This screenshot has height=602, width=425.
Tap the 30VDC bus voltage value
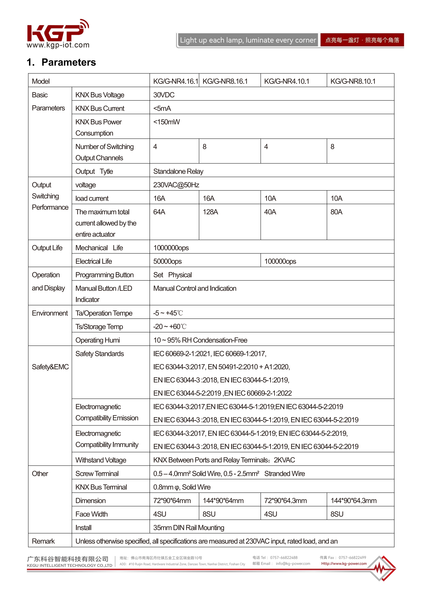tap(164, 95)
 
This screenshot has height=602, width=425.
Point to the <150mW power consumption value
tap(167, 122)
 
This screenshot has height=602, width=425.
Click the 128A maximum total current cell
tap(210, 212)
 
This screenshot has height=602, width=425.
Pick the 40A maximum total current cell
tap(270, 212)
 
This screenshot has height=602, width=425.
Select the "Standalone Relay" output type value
tap(178, 172)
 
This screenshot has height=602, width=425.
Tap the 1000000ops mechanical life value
tap(171, 248)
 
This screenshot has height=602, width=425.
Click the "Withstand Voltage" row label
tap(101, 460)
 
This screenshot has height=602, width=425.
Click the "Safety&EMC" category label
tap(50, 367)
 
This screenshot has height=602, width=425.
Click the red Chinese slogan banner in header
tap(362, 40)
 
